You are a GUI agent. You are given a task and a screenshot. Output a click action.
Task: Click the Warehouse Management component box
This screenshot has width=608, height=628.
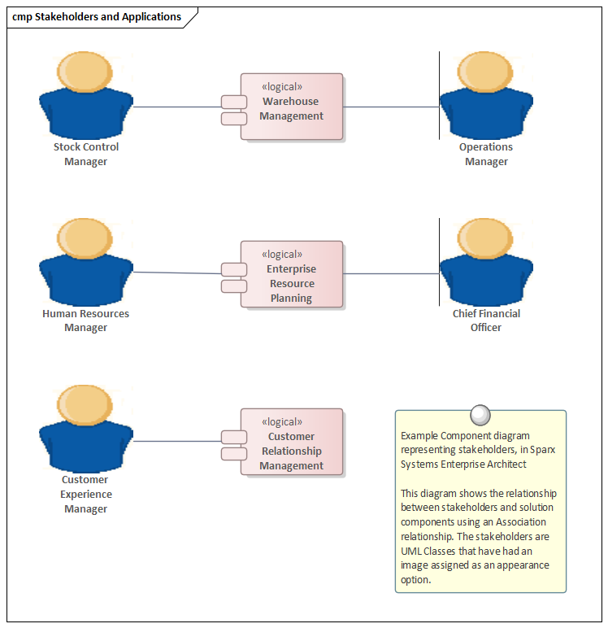(292, 107)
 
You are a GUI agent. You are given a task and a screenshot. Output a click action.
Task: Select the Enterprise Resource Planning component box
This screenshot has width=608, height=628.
(292, 274)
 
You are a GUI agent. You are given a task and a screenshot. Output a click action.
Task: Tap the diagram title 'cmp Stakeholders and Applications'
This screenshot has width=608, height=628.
(97, 17)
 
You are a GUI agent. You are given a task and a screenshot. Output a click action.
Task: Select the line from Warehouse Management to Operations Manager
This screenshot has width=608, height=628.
(390, 107)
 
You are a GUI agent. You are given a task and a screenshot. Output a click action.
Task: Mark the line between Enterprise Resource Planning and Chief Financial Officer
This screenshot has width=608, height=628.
(390, 274)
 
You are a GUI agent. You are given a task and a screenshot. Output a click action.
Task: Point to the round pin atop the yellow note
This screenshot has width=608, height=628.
(480, 414)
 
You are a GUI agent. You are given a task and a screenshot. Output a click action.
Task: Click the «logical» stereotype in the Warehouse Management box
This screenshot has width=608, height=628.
(282, 87)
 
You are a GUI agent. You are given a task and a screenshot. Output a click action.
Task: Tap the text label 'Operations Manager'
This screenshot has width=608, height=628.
(486, 155)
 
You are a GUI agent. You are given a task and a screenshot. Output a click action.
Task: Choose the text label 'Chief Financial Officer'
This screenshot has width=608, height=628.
(486, 321)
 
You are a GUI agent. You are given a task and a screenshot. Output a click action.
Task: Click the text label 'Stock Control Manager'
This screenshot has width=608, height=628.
(85, 155)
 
